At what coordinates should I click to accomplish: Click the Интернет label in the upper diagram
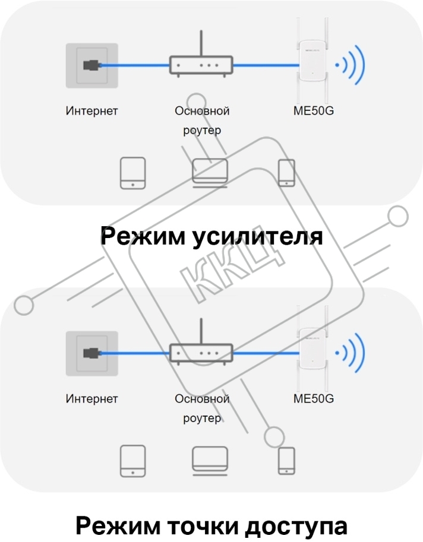[x=91, y=111]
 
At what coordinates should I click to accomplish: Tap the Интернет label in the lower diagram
[x=91, y=399]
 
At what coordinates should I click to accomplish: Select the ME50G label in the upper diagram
[x=313, y=111]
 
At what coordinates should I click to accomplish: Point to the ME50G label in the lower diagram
[x=313, y=399]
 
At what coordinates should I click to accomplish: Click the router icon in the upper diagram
[x=201, y=65]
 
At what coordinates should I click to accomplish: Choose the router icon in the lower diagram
[x=201, y=353]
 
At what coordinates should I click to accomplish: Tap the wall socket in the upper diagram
[x=92, y=65]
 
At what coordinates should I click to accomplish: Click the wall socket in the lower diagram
[x=92, y=353]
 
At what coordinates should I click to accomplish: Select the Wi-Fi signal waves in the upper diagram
[x=350, y=65]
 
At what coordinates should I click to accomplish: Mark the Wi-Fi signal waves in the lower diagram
[x=350, y=353]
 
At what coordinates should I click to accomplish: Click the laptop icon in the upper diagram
[x=210, y=173]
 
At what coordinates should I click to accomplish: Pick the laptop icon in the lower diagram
[x=210, y=461]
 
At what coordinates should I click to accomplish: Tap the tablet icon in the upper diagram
[x=133, y=173]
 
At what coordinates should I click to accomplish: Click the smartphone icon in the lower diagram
[x=287, y=461]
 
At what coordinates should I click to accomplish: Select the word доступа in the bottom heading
[x=296, y=527]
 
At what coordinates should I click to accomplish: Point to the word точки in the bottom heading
[x=203, y=526]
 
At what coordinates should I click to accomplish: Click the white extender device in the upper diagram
[x=312, y=61]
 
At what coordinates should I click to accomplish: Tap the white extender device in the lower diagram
[x=312, y=349]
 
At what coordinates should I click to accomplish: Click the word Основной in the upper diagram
[x=202, y=111]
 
